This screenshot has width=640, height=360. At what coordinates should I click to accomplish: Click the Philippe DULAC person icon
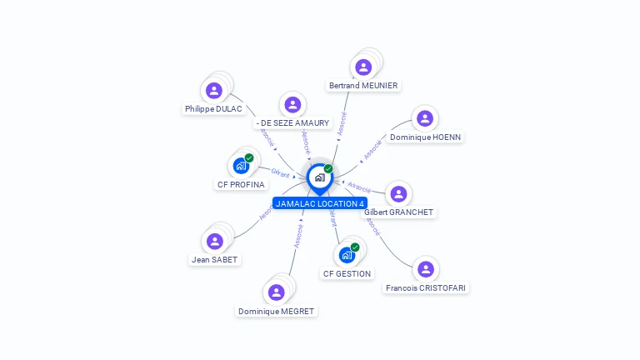(x=214, y=91)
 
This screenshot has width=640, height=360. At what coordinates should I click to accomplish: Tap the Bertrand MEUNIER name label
(x=363, y=85)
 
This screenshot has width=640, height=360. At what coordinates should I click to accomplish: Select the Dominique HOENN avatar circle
(x=425, y=119)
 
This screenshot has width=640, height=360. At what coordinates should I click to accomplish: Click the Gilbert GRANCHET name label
(x=399, y=212)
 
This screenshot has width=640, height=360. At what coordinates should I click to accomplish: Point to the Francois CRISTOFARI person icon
(x=426, y=270)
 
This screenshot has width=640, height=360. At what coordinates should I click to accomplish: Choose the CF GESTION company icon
(x=347, y=255)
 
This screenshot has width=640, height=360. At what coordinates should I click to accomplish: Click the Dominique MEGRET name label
(x=276, y=311)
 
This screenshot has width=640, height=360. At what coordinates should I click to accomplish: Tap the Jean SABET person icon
(x=215, y=242)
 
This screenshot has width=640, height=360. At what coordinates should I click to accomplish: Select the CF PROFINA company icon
(x=241, y=166)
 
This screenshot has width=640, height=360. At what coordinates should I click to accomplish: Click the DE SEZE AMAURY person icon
(x=292, y=105)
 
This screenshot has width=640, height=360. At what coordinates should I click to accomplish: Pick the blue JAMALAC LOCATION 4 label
(x=320, y=203)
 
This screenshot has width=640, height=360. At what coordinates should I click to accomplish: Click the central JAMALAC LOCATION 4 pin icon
(x=319, y=177)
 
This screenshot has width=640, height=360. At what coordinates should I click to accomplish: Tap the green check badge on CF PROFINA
(x=249, y=157)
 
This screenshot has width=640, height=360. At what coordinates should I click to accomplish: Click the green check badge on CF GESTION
(x=355, y=247)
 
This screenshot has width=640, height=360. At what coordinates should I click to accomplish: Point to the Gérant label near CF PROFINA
(x=280, y=173)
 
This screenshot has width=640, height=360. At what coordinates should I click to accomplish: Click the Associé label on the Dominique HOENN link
(x=372, y=149)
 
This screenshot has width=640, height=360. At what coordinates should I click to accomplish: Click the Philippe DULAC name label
(x=213, y=109)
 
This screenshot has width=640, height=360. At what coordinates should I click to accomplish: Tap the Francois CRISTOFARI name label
(x=426, y=287)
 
